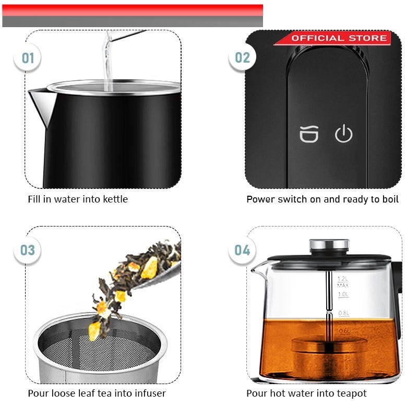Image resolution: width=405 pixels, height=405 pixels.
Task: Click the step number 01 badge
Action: [27, 57]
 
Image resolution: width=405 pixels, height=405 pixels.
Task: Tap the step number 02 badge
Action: [242, 57]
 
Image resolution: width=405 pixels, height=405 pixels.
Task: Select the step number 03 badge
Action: [27, 250]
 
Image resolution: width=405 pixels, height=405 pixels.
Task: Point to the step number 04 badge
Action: [242, 250]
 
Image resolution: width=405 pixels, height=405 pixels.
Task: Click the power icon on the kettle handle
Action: [343, 133]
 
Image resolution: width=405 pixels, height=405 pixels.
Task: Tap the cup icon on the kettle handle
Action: [309, 134]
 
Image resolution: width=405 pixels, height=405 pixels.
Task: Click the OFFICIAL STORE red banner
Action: [333, 38]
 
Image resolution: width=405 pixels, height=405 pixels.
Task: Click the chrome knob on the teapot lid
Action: [329, 245]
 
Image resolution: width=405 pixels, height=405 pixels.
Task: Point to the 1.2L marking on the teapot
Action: [342, 279]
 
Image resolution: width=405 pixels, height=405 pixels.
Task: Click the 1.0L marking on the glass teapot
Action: [343, 294]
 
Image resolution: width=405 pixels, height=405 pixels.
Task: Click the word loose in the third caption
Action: [64, 394]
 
